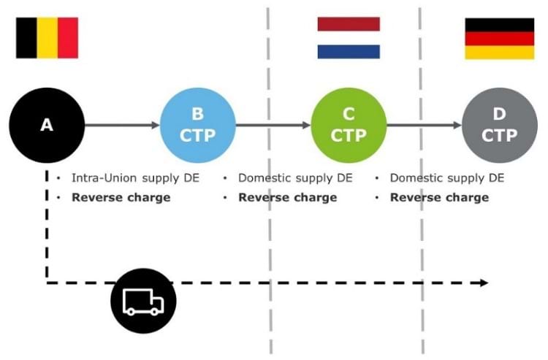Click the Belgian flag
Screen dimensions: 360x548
(x=47, y=37)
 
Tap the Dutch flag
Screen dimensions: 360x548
(x=349, y=37)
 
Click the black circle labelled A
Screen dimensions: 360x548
(x=47, y=126)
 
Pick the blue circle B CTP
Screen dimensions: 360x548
(x=197, y=126)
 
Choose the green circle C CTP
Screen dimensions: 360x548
(x=349, y=126)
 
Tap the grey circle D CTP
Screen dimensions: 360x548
(x=500, y=126)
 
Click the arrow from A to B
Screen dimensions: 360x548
(x=121, y=126)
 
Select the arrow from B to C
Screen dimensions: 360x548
(x=273, y=126)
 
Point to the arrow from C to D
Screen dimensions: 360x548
(x=424, y=126)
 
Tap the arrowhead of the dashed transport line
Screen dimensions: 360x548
(x=484, y=283)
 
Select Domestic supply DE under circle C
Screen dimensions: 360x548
(x=295, y=178)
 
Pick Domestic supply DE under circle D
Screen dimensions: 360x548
(x=446, y=178)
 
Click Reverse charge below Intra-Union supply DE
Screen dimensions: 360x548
(x=121, y=197)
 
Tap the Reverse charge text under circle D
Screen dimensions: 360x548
(x=439, y=197)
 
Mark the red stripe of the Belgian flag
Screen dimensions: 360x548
(x=68, y=37)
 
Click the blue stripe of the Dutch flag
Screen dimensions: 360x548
(x=349, y=51)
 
